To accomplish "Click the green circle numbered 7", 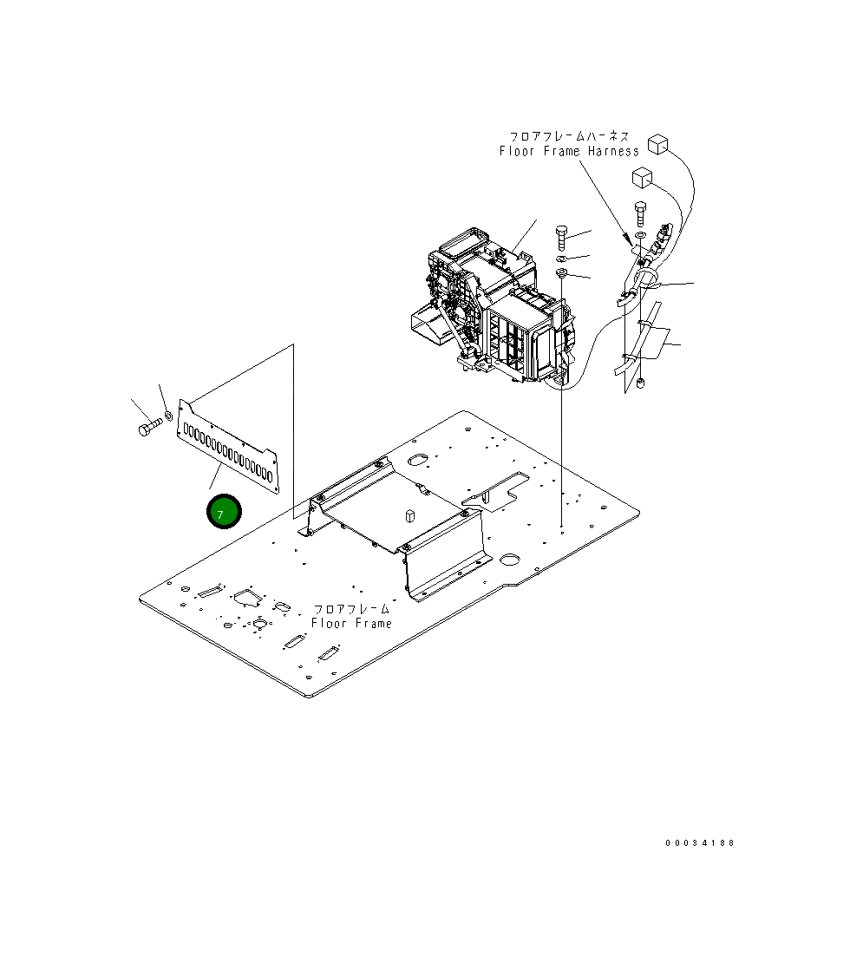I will (x=223, y=513).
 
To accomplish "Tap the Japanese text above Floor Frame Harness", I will (x=569, y=136).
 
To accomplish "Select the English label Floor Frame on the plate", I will (x=351, y=624).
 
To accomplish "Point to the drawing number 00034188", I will (x=700, y=843).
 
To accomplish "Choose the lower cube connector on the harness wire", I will (x=642, y=178).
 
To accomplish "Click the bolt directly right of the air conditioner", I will (x=561, y=236).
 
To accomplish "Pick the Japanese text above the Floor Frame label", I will (x=351, y=610).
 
